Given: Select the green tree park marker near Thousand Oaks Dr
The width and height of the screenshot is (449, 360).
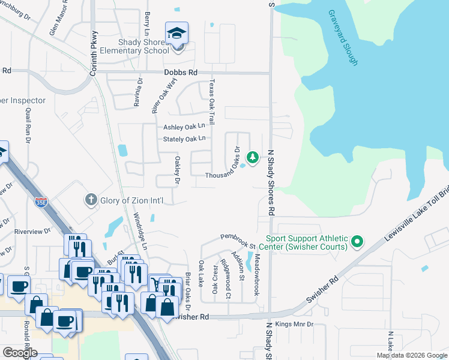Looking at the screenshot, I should click(x=253, y=158).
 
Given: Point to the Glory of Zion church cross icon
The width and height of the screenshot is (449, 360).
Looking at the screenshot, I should click(x=91, y=200).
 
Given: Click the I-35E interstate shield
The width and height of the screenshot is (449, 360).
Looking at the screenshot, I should click(x=41, y=202).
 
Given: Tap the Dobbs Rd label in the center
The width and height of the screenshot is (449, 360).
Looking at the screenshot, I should click(x=180, y=73).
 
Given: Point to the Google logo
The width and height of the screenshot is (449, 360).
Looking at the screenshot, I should click(x=19, y=352).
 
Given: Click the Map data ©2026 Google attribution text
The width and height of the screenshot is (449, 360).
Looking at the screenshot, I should click(x=411, y=355).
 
